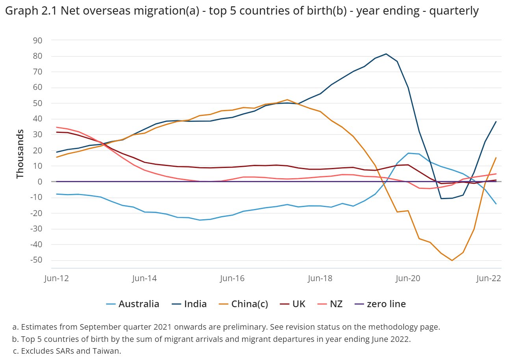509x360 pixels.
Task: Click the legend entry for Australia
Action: [x=133, y=304]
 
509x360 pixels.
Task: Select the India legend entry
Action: [x=189, y=304]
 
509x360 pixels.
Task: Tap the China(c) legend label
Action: [x=243, y=304]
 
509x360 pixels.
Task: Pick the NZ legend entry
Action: [x=330, y=304]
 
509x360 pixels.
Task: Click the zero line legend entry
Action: [x=380, y=304]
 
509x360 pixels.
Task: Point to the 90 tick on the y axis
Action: [x=37, y=41]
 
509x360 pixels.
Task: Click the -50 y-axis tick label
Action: [x=36, y=260]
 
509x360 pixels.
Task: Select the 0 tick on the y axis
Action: [x=40, y=181]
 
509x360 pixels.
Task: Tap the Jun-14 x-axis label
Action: [x=144, y=278]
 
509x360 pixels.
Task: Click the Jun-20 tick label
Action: [x=408, y=278]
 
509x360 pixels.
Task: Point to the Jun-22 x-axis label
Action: [x=489, y=278]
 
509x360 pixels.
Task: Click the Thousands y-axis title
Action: [x=20, y=154]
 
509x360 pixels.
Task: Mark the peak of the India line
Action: [x=386, y=54]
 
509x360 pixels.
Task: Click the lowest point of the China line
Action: [x=452, y=260]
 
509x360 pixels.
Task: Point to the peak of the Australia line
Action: [x=408, y=153]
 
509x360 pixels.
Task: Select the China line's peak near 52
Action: [x=287, y=100]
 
